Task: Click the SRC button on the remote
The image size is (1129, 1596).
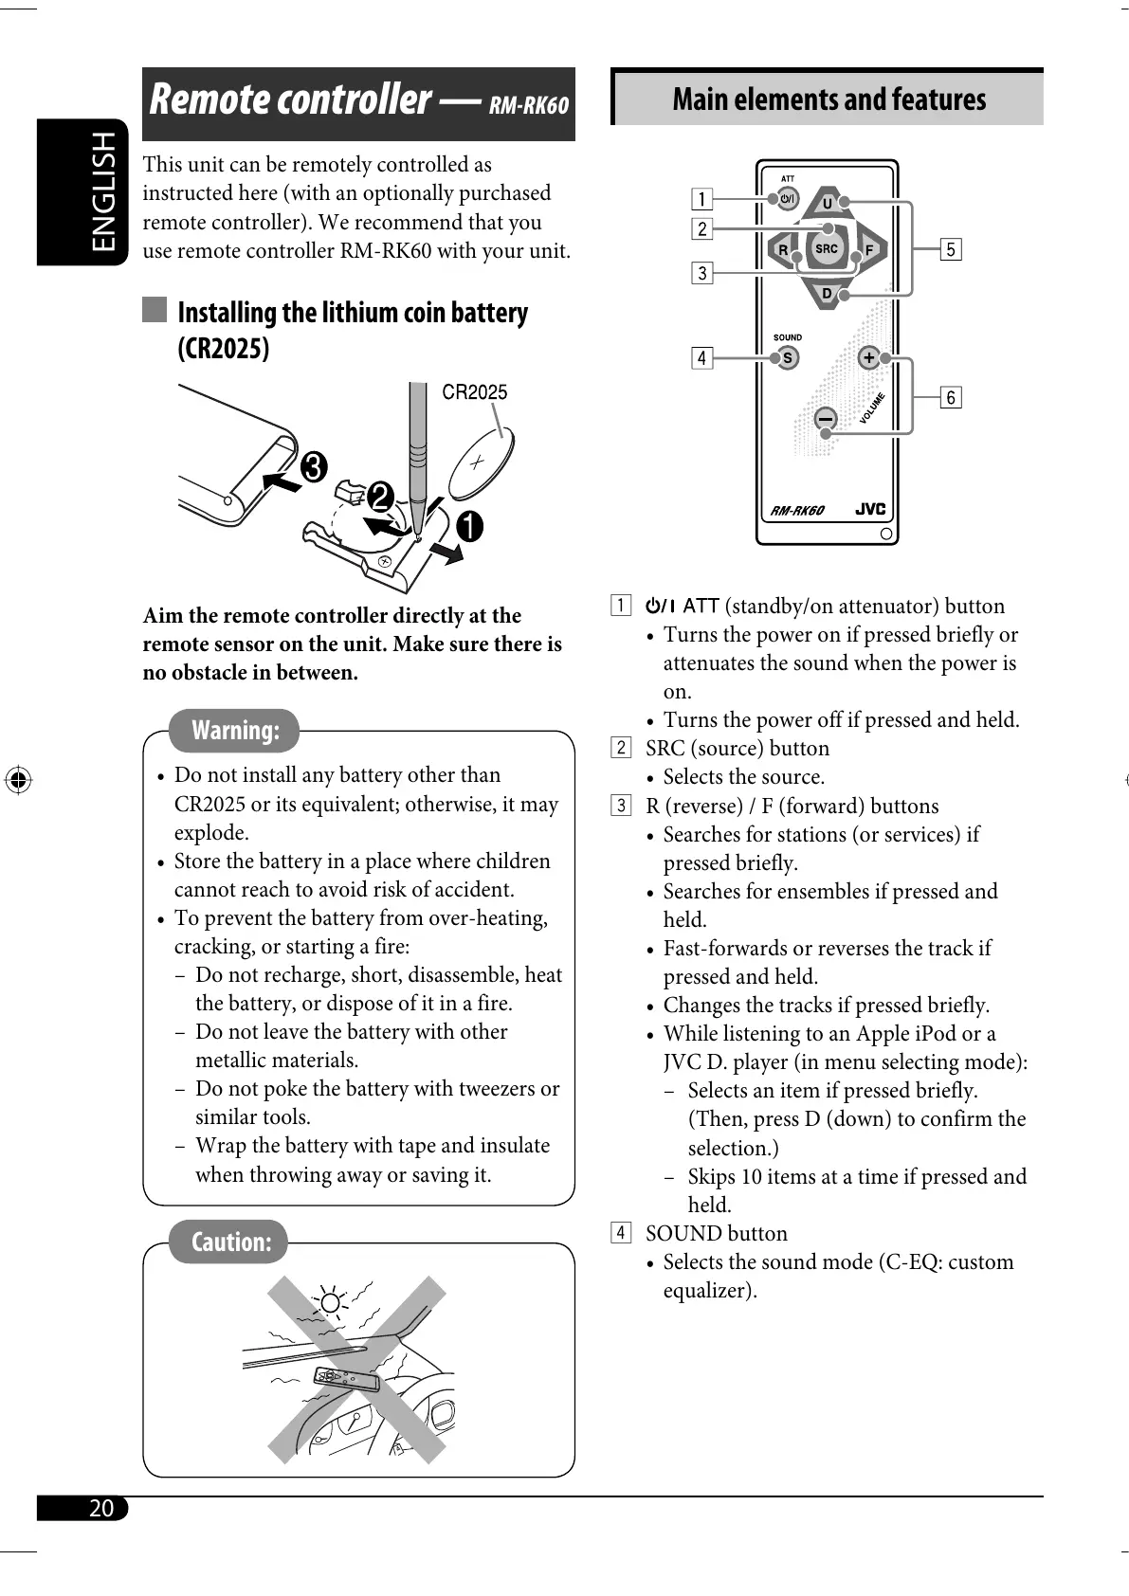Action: click(x=826, y=249)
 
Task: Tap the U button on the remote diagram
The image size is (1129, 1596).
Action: click(x=827, y=204)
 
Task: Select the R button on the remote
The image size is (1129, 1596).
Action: click(x=783, y=250)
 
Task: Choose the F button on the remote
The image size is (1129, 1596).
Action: click(x=868, y=250)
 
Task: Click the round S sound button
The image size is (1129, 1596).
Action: click(x=787, y=358)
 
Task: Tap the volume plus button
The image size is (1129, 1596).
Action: click(x=867, y=358)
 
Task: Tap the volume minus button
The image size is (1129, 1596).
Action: click(x=826, y=419)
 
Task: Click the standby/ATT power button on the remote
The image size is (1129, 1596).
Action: click(x=788, y=199)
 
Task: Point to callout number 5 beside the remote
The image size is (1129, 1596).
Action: click(x=951, y=249)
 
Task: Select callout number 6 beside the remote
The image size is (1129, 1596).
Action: click(x=951, y=397)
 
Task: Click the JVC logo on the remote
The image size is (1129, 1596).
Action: click(x=870, y=509)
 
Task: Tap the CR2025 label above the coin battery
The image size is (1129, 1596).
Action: click(x=475, y=392)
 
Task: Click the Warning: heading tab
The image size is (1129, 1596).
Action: click(x=235, y=731)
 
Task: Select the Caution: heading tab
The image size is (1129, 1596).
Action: click(x=230, y=1242)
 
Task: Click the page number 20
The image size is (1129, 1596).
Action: click(x=100, y=1509)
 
